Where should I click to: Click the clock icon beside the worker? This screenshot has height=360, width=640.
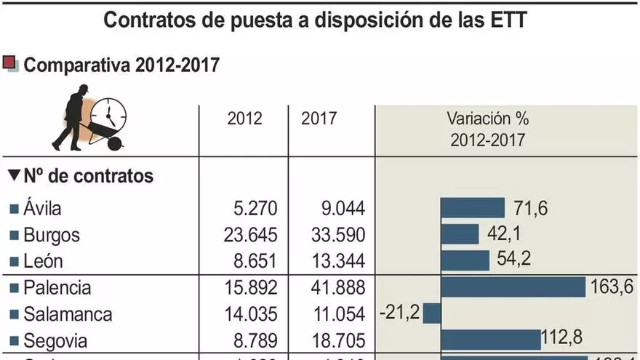point(108,114)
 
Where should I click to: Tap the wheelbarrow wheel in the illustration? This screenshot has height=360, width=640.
point(115,143)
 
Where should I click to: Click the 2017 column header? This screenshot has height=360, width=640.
point(319,117)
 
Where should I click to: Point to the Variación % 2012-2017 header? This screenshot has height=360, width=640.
point(488,128)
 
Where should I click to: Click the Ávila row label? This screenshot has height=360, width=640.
point(42,209)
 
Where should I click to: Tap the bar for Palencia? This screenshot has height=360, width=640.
point(513,287)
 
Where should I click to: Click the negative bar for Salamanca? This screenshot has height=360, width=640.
point(432,313)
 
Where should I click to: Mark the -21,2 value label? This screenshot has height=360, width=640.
point(399,313)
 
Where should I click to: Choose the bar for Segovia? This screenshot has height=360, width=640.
point(492,339)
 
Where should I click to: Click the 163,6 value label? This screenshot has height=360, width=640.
point(612,287)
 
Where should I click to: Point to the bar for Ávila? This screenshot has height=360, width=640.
point(473,208)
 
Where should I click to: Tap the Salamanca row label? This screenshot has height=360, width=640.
point(68,314)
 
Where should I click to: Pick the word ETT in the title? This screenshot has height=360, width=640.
point(508,20)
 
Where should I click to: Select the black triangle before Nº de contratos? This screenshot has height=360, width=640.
point(13,175)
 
